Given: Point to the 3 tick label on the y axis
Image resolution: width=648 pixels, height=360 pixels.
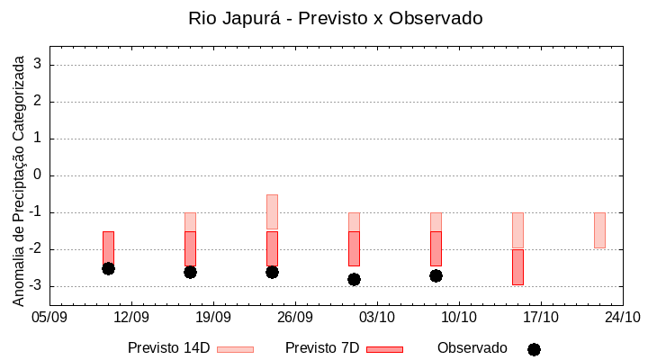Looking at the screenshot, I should [x=38, y=65].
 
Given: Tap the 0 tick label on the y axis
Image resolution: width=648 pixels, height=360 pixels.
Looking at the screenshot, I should [x=38, y=175].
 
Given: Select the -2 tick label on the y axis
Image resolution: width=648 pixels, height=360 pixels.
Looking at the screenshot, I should [x=35, y=249].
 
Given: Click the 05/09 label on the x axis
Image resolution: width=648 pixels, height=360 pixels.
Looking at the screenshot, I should [x=49, y=317].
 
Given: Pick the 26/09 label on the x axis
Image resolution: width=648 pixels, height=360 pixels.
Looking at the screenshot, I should [x=295, y=317].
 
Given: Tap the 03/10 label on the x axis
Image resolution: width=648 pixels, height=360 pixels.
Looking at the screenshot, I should [x=377, y=317].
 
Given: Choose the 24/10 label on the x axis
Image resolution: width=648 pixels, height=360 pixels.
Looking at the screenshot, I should [x=623, y=317].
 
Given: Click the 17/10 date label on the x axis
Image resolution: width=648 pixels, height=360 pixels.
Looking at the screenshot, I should [x=541, y=317].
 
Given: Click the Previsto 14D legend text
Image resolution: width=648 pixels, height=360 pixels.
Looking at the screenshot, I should [x=168, y=348].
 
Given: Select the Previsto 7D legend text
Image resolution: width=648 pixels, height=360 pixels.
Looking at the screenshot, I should [x=322, y=348].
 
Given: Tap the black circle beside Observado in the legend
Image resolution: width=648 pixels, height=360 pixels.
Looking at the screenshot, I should [x=534, y=349].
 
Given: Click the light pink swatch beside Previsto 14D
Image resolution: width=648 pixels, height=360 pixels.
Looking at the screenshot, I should [x=235, y=349].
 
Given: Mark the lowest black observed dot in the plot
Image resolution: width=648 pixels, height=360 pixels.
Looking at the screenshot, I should [x=354, y=279].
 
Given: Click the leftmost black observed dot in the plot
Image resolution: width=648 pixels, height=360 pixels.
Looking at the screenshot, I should [x=108, y=268].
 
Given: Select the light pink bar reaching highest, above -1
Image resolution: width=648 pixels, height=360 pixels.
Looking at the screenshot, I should [x=272, y=211].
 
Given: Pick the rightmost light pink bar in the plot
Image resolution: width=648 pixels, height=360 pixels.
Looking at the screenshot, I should [x=599, y=230].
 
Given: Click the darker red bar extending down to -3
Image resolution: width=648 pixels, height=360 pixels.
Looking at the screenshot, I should [x=517, y=267].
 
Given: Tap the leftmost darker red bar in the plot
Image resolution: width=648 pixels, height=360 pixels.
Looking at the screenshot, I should [x=108, y=247].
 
